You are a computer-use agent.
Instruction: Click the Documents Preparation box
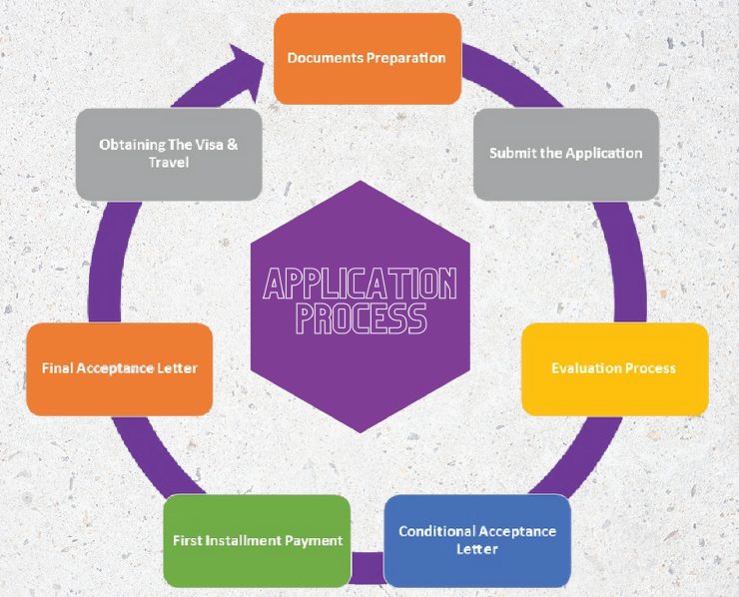367,58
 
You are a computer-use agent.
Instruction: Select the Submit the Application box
565,154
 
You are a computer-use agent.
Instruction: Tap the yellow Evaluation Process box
614,368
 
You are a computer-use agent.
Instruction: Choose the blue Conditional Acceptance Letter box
477,540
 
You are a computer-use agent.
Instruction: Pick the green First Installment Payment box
257,540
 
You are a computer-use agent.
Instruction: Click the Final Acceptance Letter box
120,368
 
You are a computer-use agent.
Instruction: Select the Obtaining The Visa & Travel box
169,154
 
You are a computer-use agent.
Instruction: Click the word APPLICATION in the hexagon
360,286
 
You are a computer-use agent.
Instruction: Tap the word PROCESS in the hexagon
360,318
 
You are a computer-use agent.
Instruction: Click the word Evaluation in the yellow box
584,368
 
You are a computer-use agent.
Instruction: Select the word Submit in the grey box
510,154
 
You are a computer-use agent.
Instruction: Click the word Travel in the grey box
169,162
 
